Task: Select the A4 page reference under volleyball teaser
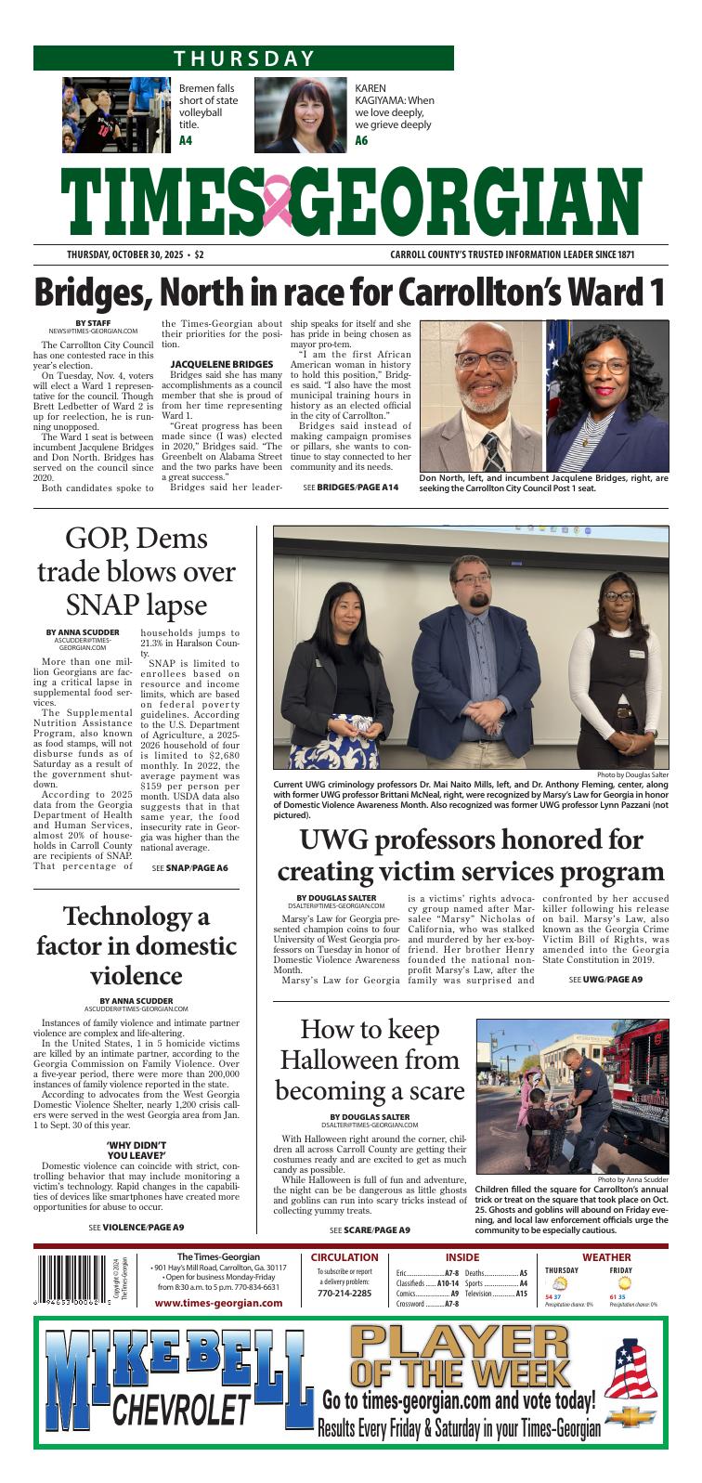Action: pos(186,141)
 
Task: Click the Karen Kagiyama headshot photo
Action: pos(300,113)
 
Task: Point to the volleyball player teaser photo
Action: pos(118,113)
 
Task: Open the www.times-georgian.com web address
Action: pos(218,1303)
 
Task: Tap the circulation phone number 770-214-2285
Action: pos(344,1293)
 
